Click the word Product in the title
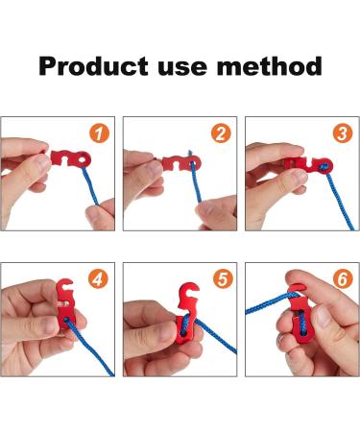pos(94,66)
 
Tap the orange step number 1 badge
pos(100,133)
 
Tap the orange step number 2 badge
pos(222,133)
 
